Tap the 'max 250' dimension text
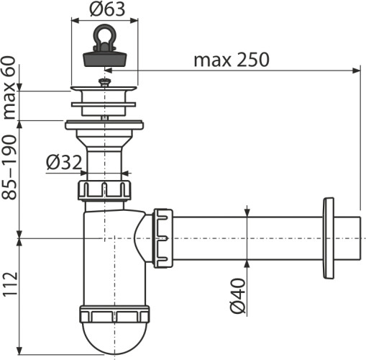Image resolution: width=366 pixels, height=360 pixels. pos(231,60)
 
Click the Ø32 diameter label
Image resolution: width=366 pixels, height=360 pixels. pos(63,163)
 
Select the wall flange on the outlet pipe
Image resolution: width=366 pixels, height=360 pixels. pos(329,236)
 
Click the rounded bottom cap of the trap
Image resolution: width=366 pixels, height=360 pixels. pos(114,338)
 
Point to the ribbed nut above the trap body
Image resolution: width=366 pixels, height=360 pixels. pos(105,191)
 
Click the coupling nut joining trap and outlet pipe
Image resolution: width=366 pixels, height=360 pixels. pos(163,237)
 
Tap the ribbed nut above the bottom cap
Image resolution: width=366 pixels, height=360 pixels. pos(114,315)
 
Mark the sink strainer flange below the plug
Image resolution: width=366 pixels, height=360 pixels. pos(105,93)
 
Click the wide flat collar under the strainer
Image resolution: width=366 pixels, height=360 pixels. pos(105,125)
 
